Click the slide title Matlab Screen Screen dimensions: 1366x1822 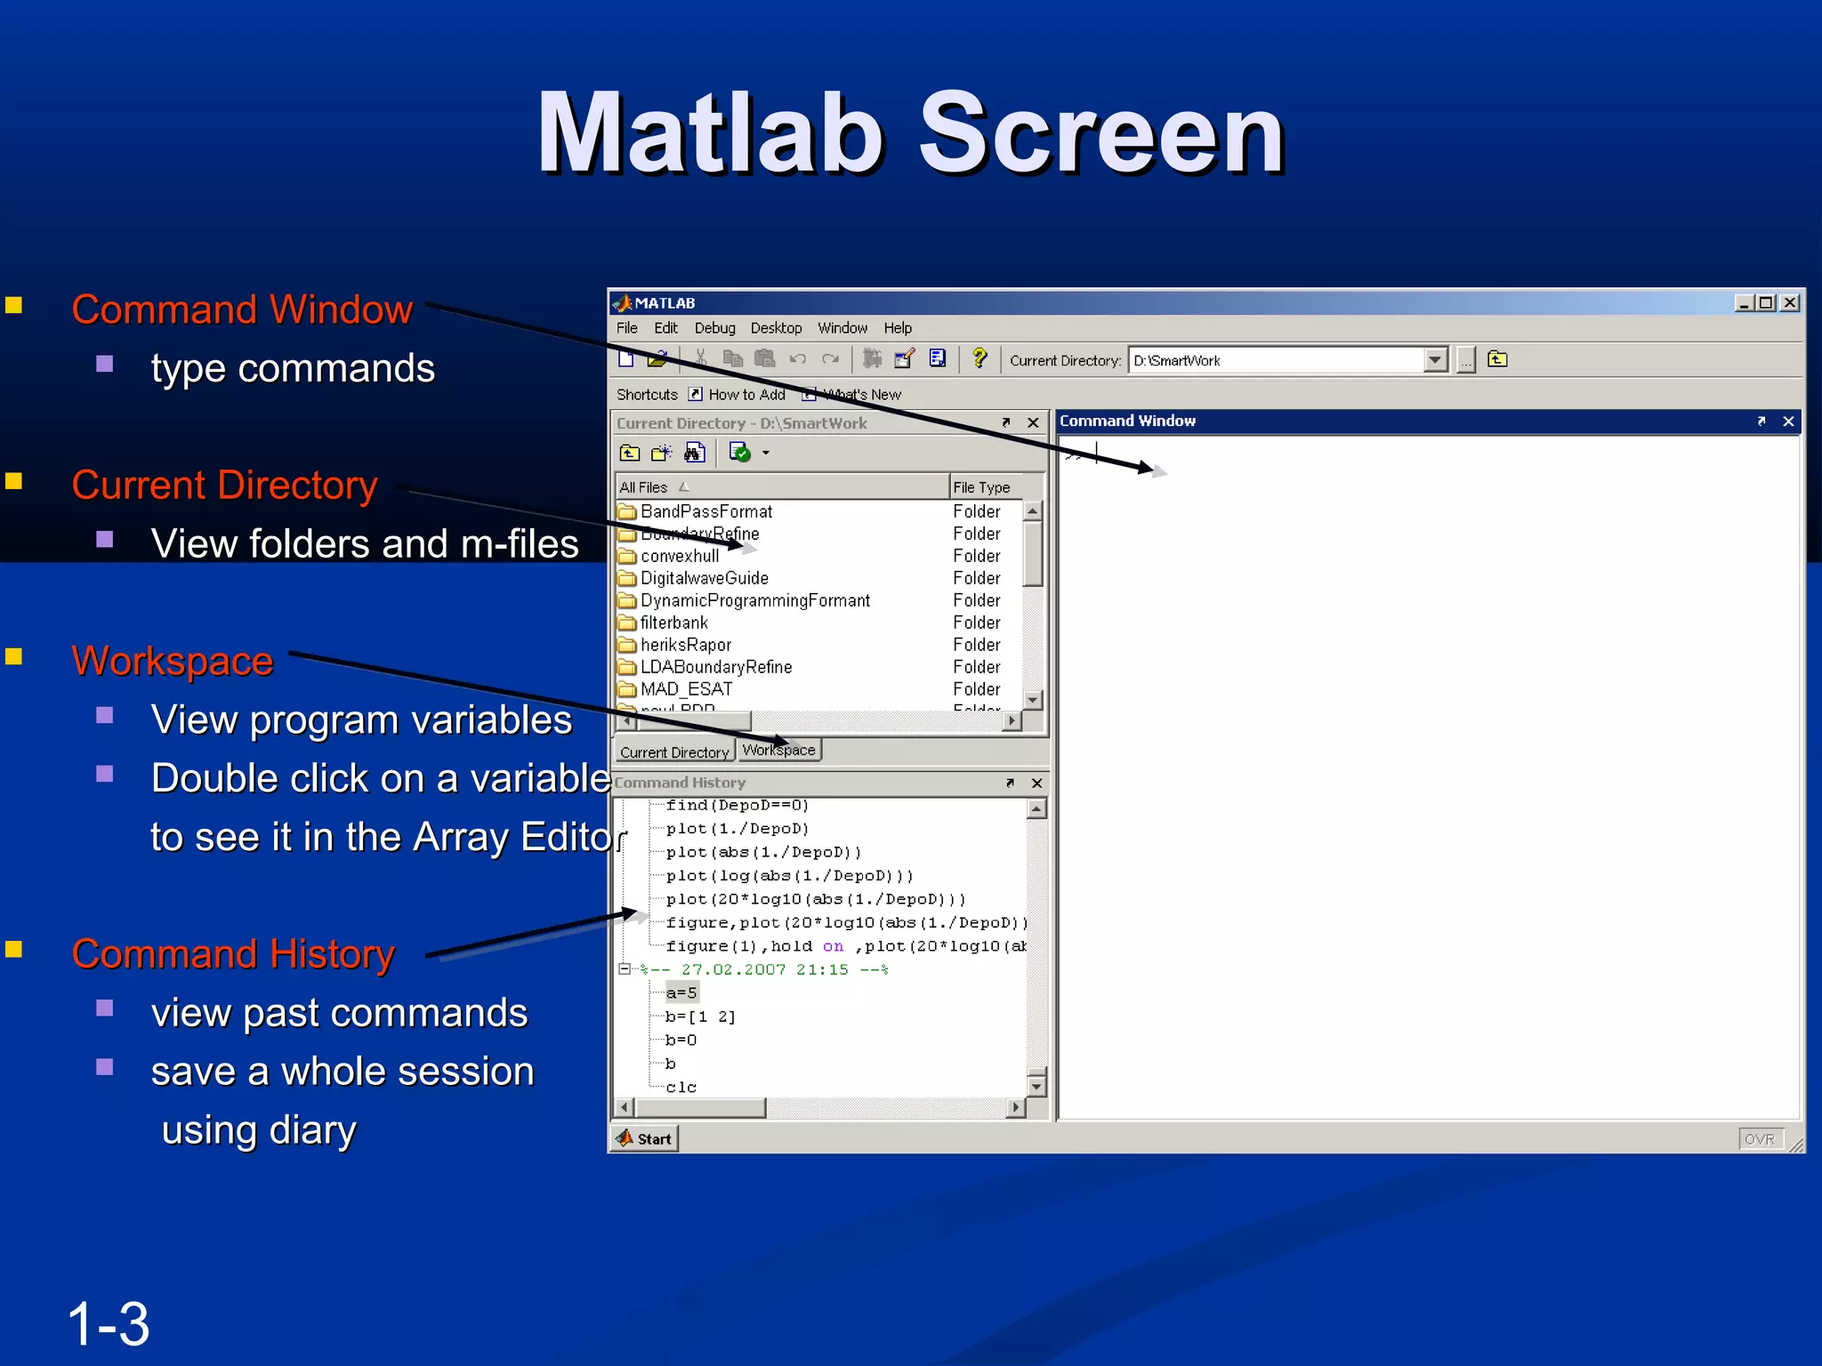click(910, 133)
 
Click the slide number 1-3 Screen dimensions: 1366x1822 click(109, 1323)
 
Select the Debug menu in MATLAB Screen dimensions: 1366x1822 click(714, 328)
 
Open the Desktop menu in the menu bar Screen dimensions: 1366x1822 click(776, 328)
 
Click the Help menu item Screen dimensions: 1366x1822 click(898, 328)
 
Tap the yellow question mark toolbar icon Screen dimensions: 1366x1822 click(980, 358)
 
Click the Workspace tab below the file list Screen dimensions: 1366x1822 click(778, 751)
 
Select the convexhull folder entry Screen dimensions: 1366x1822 click(680, 556)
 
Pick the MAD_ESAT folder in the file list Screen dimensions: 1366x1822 click(686, 689)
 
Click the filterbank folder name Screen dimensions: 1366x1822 click(674, 623)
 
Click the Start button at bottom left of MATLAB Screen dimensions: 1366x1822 click(645, 1139)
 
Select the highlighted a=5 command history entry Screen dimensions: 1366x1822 click(681, 992)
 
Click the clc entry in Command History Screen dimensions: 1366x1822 click(681, 1087)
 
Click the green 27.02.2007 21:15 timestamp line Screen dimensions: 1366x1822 click(764, 969)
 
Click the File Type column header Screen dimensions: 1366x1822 click(982, 487)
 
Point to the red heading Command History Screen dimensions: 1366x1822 click(233, 953)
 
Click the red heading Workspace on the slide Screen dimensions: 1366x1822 click(173, 661)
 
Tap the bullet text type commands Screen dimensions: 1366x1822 click(293, 368)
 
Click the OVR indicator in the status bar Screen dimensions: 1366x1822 click(1759, 1139)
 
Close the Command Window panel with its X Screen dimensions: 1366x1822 click(1788, 422)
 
